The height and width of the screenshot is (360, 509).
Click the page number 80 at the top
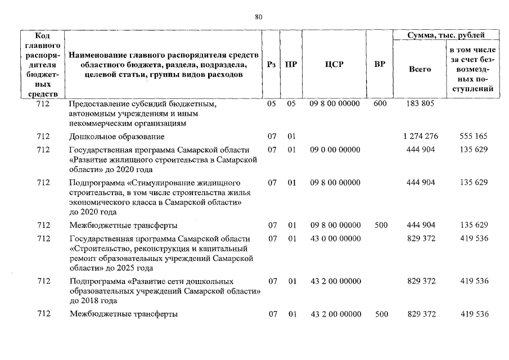pos(259,17)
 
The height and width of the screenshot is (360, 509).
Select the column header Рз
pos(272,65)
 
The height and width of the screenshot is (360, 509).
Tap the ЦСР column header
pos(334,65)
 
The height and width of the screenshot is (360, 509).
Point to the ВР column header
pos(380,65)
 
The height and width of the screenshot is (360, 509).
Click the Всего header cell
pos(420,69)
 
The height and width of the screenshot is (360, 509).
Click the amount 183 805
pos(420,104)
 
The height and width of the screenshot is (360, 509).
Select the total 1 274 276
pos(420,137)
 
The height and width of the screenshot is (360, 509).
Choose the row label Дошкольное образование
pos(116,137)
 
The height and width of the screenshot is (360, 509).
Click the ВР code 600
pos(380,104)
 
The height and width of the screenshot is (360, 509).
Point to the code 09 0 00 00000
pos(335,150)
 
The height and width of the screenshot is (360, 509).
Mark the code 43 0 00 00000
pos(335,238)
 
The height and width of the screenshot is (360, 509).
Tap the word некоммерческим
pos(98,123)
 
